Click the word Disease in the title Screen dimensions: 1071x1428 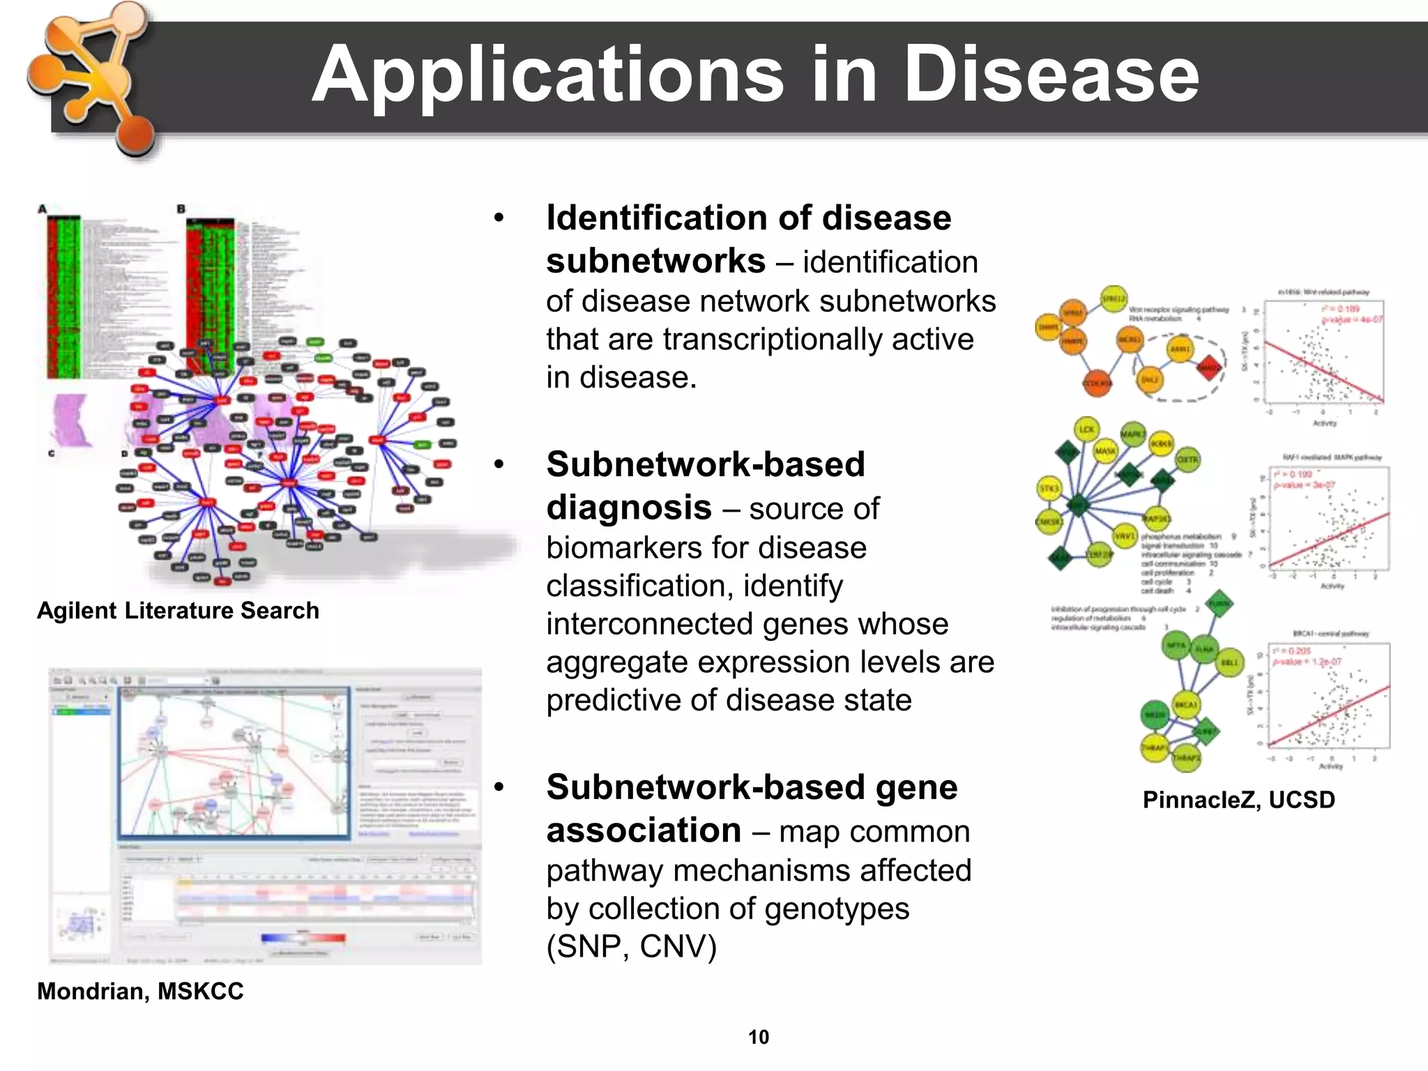point(1051,75)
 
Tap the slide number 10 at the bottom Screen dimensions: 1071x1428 point(758,1037)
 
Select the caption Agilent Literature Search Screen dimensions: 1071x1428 point(178,611)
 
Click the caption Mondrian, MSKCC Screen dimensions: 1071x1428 point(140,991)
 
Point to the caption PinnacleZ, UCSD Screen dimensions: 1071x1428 point(1238,799)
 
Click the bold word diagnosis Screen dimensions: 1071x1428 point(629,508)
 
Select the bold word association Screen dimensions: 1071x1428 point(644,830)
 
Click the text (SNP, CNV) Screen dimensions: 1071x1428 point(631,946)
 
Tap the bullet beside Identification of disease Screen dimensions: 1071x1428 point(499,219)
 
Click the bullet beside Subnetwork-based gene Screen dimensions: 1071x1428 point(499,788)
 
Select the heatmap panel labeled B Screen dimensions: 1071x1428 point(210,286)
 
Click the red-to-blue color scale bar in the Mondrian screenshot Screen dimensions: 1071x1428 point(303,938)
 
